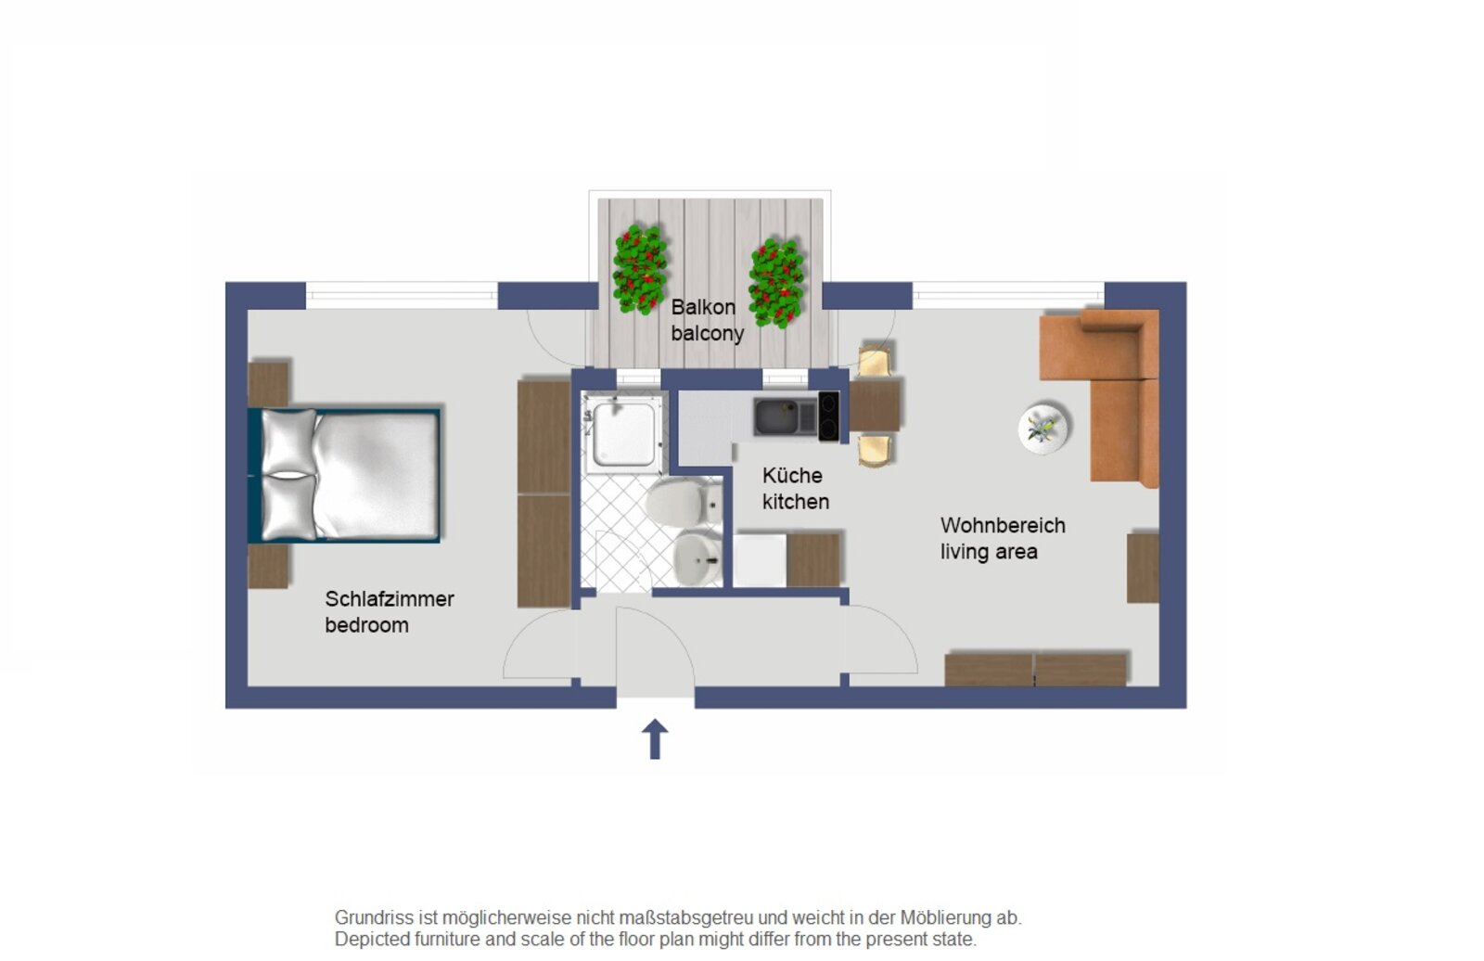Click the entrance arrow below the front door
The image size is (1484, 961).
655,738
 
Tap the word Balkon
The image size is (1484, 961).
703,308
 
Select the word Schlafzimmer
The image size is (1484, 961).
389,599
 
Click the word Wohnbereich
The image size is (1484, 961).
1003,526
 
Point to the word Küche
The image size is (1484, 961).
792,475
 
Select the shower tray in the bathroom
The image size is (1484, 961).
623,433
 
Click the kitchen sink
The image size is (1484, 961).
785,416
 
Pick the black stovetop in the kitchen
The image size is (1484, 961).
828,416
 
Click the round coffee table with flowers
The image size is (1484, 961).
1043,429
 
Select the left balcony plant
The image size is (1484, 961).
639,269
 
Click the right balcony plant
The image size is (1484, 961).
775,283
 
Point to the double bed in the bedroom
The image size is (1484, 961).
344,475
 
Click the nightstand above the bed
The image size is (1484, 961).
268,384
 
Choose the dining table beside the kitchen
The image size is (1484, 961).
875,405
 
